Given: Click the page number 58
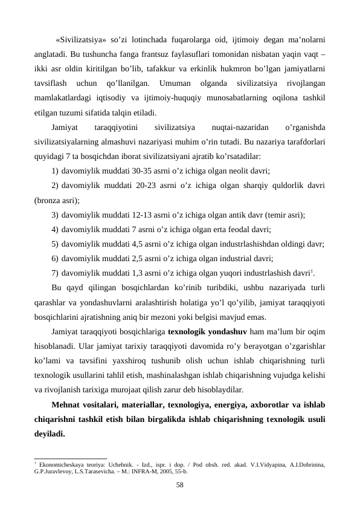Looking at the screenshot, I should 179,485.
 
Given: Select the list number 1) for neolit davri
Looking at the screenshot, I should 55,170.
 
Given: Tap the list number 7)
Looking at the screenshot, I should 55,272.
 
